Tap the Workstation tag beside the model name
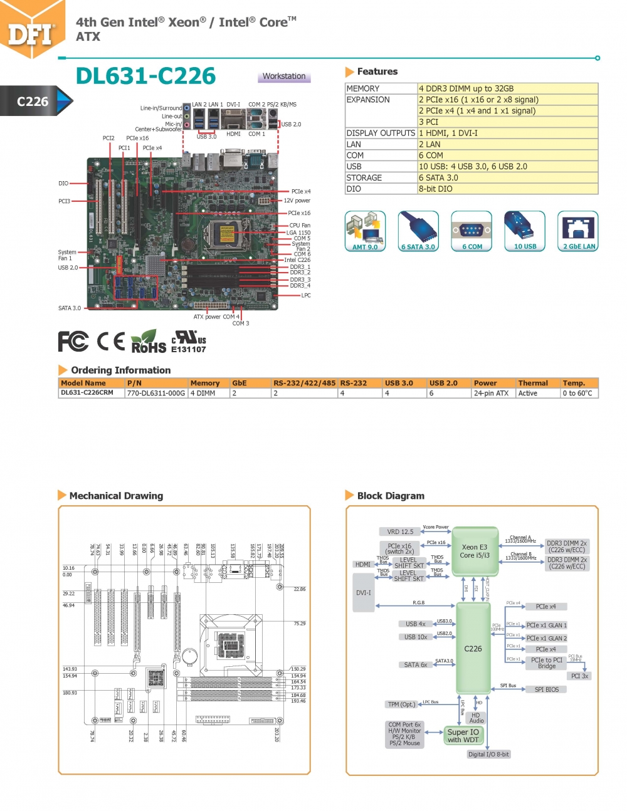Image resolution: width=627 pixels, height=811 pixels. pyautogui.click(x=284, y=76)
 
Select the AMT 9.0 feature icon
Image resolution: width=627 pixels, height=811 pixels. pyautogui.click(x=365, y=231)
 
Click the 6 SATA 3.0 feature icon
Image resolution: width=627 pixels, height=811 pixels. pyautogui.click(x=418, y=231)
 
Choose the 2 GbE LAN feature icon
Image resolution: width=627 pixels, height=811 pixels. pyautogui.click(x=579, y=231)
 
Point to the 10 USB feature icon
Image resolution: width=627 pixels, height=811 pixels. pyautogui.click(x=525, y=231)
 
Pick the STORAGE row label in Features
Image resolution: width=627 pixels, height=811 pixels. pyautogui.click(x=364, y=178)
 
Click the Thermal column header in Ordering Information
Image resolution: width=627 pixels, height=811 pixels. pyautogui.click(x=533, y=383)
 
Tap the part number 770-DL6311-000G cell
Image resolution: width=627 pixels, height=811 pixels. pyautogui.click(x=156, y=394)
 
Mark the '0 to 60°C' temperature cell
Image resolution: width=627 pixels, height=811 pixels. pyautogui.click(x=577, y=394)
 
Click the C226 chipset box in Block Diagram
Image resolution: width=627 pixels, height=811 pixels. pyautogui.click(x=473, y=649)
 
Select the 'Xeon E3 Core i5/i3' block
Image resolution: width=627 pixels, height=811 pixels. pyautogui.click(x=475, y=551)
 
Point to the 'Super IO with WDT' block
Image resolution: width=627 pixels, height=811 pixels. pyautogui.click(x=463, y=736)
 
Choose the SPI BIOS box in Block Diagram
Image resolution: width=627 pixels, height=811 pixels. pyautogui.click(x=546, y=689)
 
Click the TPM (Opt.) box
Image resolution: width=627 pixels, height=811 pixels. pyautogui.click(x=401, y=704)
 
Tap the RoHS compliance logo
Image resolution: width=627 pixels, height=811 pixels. pyautogui.click(x=149, y=342)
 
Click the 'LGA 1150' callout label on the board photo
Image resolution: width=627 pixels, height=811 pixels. pyautogui.click(x=298, y=233)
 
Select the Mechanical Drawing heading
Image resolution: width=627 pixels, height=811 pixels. pyautogui.click(x=116, y=496)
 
